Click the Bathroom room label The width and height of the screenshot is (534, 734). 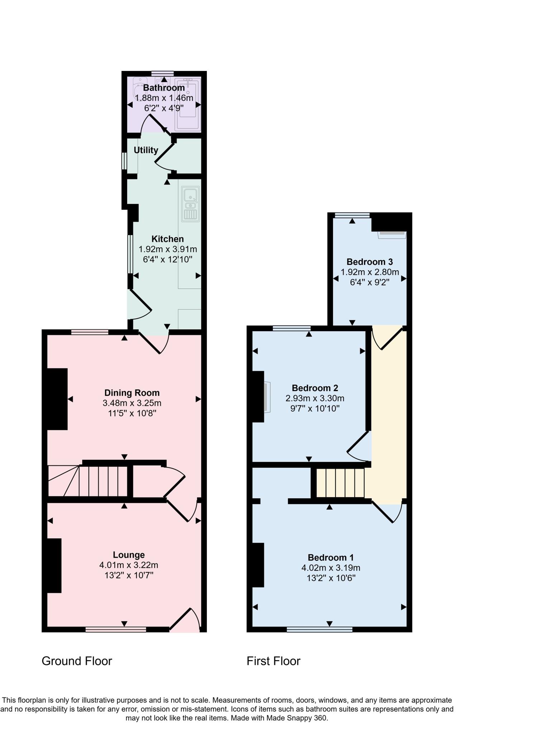pyautogui.click(x=164, y=88)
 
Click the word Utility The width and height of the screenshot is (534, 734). pyautogui.click(x=146, y=150)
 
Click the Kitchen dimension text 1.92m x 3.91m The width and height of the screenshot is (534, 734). pyautogui.click(x=168, y=249)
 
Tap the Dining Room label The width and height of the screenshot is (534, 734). pyautogui.click(x=132, y=393)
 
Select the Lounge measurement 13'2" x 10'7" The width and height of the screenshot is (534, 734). pyautogui.click(x=129, y=576)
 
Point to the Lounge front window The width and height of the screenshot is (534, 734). pyautogui.click(x=116, y=629)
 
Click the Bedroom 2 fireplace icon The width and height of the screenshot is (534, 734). pyautogui.click(x=267, y=397)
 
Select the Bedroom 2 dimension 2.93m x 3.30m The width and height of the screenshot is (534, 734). pyautogui.click(x=315, y=398)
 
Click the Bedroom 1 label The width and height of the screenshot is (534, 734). pyautogui.click(x=330, y=558)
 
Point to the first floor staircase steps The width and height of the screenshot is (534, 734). pyautogui.click(x=340, y=483)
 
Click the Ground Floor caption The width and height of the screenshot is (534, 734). pyautogui.click(x=77, y=661)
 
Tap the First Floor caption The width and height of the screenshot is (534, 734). pyautogui.click(x=273, y=661)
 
